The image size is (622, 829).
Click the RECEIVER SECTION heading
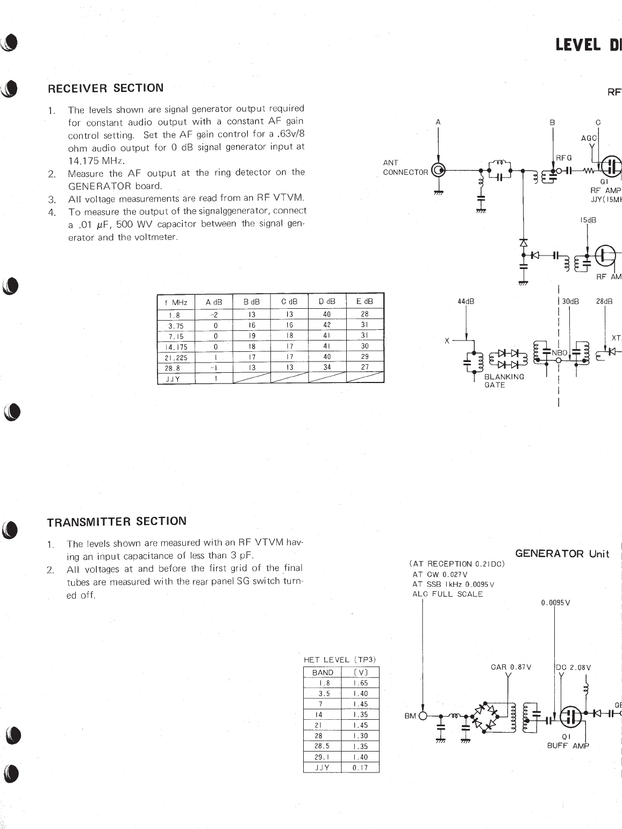pyautogui.click(x=106, y=88)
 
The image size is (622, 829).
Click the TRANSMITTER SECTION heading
pyautogui.click(x=117, y=521)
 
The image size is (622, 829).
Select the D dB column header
pyautogui.click(x=327, y=302)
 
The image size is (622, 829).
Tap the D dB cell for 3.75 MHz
pyautogui.click(x=327, y=325)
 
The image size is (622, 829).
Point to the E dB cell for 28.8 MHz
pyautogui.click(x=364, y=367)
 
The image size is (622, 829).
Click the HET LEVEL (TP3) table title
pyautogui.click(x=340, y=660)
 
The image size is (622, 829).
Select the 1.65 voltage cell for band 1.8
pyautogui.click(x=360, y=683)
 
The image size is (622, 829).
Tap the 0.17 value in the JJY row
pyautogui.click(x=360, y=768)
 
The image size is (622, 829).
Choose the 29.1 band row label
pyautogui.click(x=322, y=757)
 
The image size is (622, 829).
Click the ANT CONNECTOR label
pyautogui.click(x=405, y=167)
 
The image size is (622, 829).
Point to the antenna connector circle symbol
pyautogui.click(x=439, y=172)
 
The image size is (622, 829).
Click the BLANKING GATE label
pyautogui.click(x=504, y=380)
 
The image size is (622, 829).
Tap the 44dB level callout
pyautogui.click(x=466, y=301)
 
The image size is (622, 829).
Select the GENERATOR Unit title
pyautogui.click(x=562, y=554)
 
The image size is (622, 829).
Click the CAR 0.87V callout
pyautogui.click(x=511, y=667)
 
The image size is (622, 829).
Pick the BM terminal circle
pyautogui.click(x=423, y=715)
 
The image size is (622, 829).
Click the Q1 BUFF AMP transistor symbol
pyautogui.click(x=571, y=715)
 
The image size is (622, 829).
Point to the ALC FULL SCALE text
pyautogui.click(x=447, y=594)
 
